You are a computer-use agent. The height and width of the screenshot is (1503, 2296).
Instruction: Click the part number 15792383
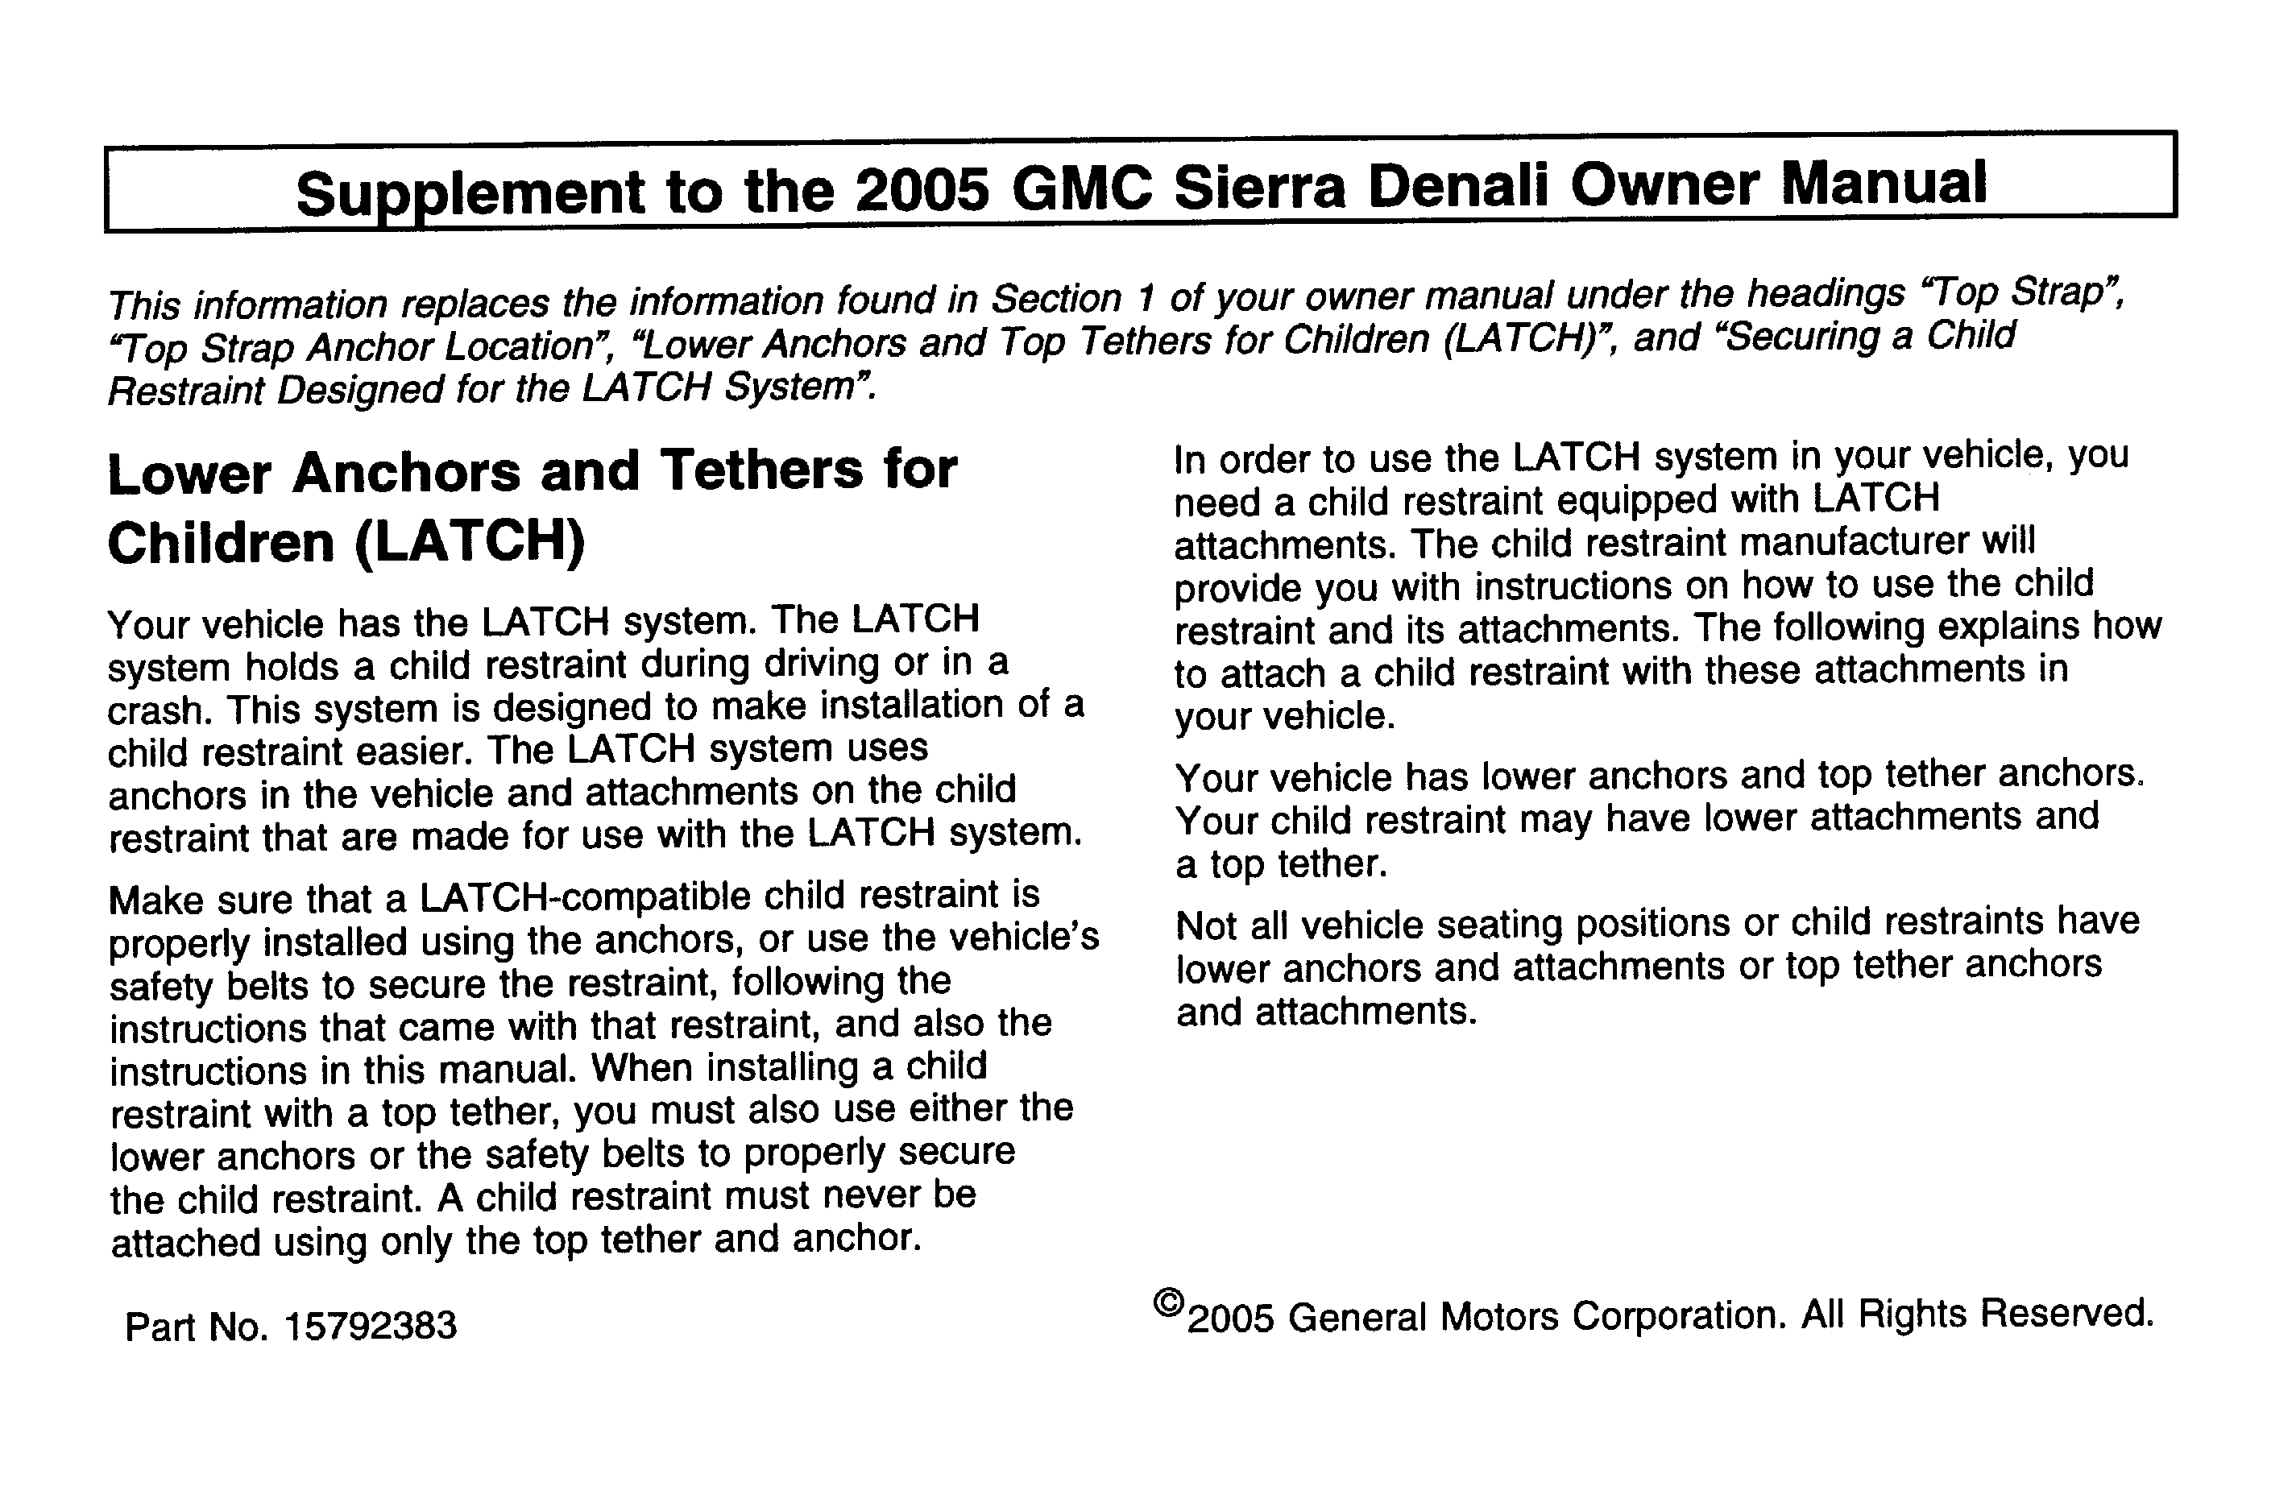pos(371,1327)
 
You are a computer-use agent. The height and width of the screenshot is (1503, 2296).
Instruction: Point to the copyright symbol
pos(1168,1303)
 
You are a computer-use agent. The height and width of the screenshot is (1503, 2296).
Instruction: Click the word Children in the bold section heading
pos(220,544)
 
